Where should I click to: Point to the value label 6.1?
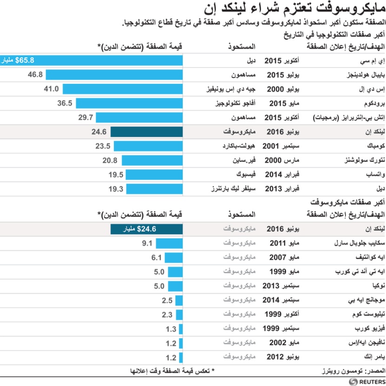coord(156,257)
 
